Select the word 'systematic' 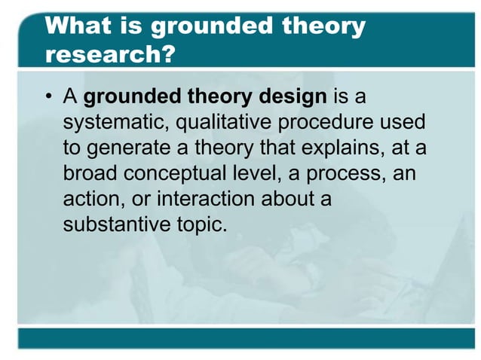coord(112,122)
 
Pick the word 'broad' coord(87,173)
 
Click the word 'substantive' coord(115,224)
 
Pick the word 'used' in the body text coord(404,122)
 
